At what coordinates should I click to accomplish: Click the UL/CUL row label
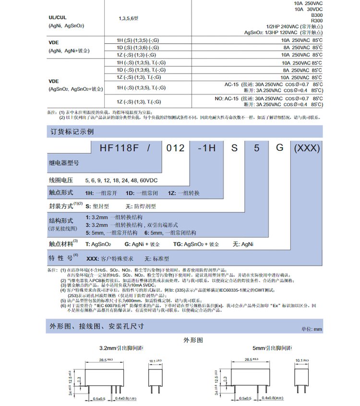click(x=58, y=17)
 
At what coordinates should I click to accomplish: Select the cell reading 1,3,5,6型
click(x=128, y=18)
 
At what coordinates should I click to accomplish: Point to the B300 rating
click(x=316, y=14)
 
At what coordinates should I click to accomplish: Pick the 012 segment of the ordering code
click(x=175, y=148)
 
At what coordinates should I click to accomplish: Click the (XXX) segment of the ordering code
click(x=306, y=148)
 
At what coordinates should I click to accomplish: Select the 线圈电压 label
click(x=60, y=180)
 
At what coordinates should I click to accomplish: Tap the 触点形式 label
click(x=60, y=193)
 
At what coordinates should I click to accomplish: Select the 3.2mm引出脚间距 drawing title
click(x=113, y=347)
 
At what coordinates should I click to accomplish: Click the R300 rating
click(x=316, y=20)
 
